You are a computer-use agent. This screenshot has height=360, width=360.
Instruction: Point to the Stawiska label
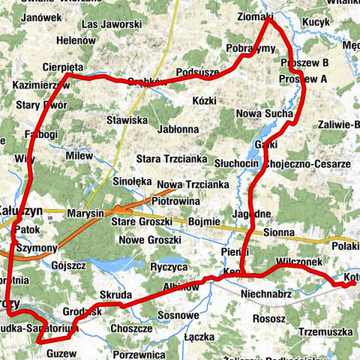[126, 118]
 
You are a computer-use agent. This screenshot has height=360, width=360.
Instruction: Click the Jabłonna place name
[178, 129]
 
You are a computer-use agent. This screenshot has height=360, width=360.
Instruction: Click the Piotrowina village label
[175, 201]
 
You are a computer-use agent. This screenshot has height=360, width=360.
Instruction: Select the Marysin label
[84, 214]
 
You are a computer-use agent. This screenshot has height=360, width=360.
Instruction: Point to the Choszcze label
[131, 328]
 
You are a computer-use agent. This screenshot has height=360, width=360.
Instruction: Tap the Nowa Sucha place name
[264, 113]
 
